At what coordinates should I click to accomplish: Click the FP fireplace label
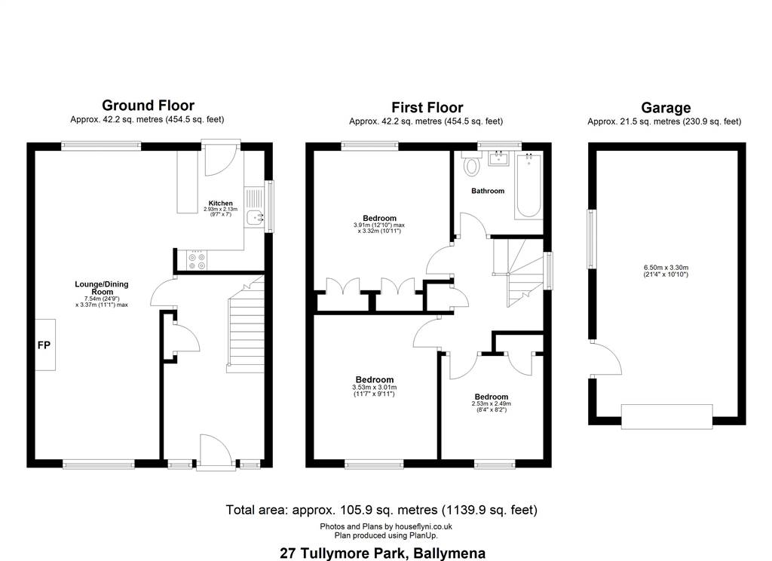pos(44,345)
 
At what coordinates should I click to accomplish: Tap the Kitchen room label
pos(221,203)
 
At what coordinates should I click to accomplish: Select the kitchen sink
pos(256,216)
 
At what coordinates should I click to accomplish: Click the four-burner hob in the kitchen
pos(197,261)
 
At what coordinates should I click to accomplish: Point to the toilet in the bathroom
pos(472,164)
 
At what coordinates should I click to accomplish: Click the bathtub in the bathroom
pos(528,185)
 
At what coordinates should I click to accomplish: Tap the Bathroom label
pos(488,191)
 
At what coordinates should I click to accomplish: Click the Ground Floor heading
pos(149,106)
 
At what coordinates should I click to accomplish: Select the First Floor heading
pos(427,107)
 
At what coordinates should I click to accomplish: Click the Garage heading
pos(666,107)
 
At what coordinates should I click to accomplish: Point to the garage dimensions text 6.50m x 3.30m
pos(666,268)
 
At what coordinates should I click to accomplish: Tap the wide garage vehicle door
pos(666,416)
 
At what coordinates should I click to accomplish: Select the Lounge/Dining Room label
pos(102,287)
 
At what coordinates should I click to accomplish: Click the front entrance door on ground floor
pos(216,451)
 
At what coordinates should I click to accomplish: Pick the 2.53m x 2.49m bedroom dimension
pos(492,403)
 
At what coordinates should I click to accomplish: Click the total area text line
pos(381,510)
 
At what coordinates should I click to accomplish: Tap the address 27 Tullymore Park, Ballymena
pos(382,553)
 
